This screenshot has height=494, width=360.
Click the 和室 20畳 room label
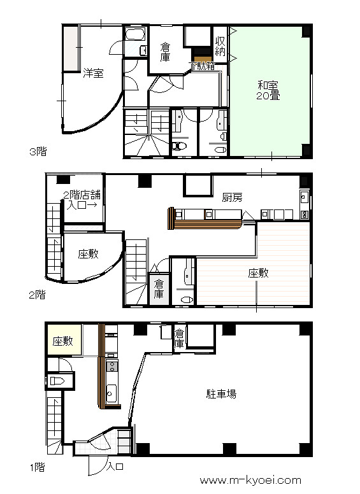(x=268, y=90)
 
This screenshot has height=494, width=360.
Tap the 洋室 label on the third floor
(x=93, y=73)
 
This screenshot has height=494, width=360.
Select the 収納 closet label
(x=220, y=46)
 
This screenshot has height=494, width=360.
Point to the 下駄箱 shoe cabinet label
(x=202, y=66)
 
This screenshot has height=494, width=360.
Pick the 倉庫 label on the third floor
(x=165, y=52)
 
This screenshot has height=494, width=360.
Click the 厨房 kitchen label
(x=233, y=197)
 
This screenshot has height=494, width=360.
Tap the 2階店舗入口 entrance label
(x=82, y=200)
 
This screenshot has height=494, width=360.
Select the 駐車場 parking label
(x=221, y=393)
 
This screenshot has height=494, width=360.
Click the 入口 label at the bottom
(x=115, y=466)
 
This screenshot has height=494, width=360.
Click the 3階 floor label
(x=38, y=152)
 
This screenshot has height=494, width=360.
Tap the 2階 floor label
(x=37, y=295)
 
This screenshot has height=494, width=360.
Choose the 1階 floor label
(x=38, y=467)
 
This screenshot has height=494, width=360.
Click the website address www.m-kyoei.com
(x=250, y=480)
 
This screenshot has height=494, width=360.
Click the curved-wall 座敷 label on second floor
(x=89, y=253)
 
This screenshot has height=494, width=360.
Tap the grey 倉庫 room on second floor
(x=159, y=289)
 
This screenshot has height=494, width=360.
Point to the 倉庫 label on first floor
(x=179, y=339)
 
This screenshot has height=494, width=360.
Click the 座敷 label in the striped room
(x=259, y=273)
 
